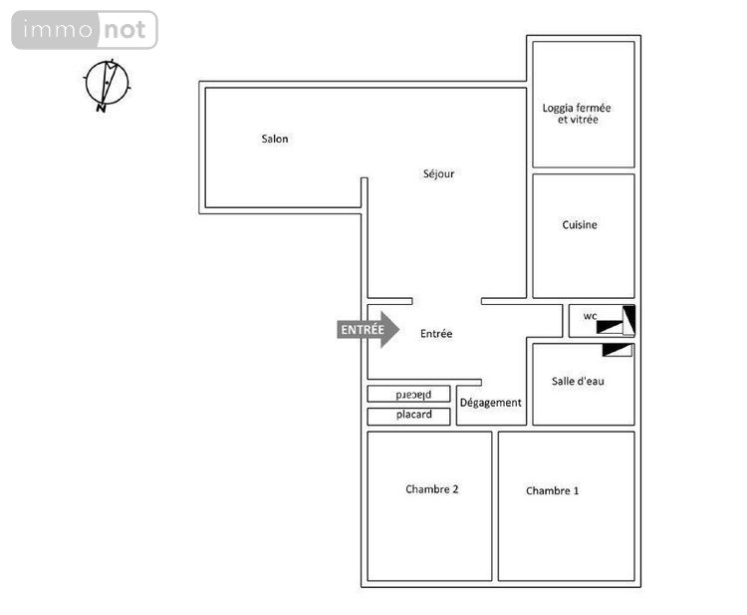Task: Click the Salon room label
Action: [275, 139]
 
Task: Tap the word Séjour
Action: [438, 173]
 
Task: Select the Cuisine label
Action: [580, 225]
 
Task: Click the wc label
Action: [590, 317]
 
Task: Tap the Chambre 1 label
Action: [553, 490]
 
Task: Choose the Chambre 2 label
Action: [432, 488]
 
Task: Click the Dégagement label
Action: [491, 403]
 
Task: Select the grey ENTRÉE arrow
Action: [368, 329]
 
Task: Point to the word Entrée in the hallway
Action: [436, 334]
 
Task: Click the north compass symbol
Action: [107, 84]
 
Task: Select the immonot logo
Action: [85, 30]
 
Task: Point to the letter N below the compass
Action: [101, 109]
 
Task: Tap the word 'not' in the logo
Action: [125, 30]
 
